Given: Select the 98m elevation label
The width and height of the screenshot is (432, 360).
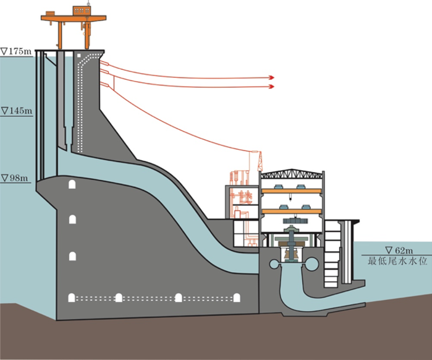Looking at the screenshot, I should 15,178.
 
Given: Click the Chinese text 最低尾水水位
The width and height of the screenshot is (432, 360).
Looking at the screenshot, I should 389,261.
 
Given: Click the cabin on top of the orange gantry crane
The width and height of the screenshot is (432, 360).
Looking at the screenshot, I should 80,11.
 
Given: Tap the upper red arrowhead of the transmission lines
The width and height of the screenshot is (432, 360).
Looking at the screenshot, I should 271,77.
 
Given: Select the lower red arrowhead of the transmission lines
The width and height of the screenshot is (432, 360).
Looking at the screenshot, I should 271,87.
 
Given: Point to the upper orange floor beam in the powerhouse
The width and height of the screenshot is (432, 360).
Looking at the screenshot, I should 290,189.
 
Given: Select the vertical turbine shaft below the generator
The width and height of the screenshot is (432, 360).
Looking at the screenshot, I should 290,247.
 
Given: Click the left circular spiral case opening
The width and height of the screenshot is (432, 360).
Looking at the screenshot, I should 272,265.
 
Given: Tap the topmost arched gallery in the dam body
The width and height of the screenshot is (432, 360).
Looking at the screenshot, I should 73,185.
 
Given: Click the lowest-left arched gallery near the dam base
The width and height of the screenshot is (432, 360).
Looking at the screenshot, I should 73,298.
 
